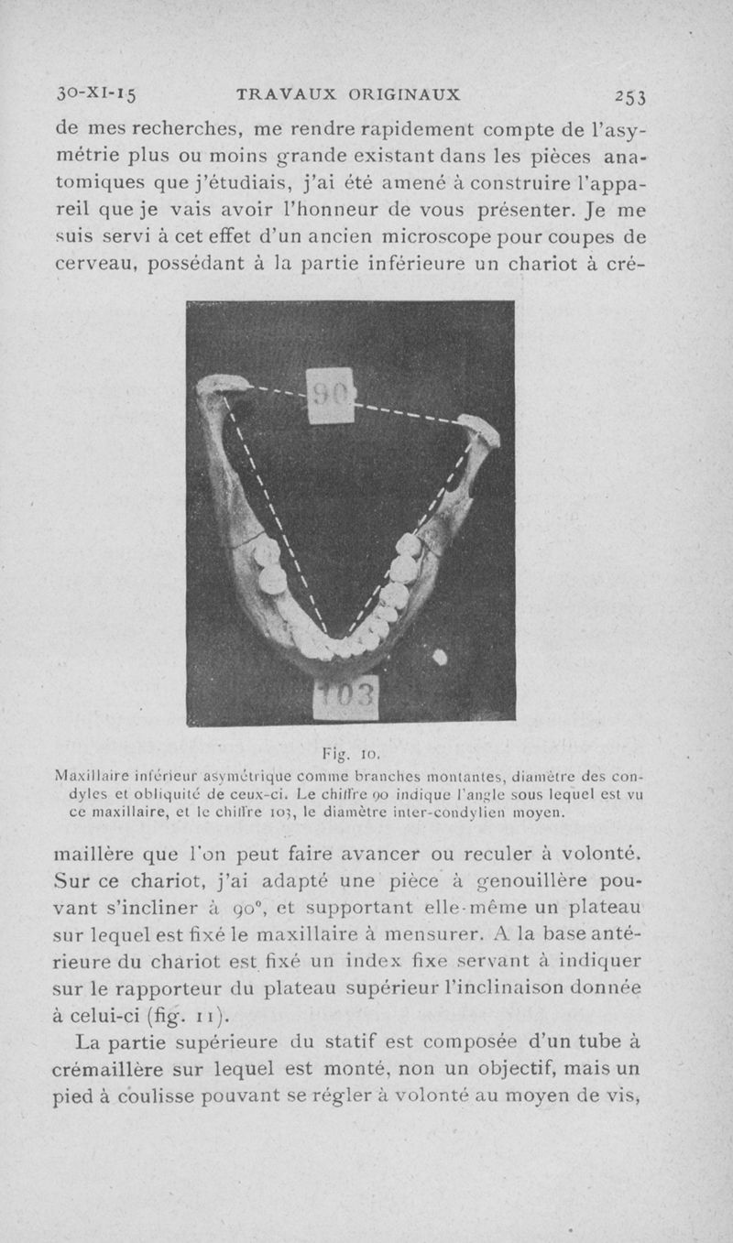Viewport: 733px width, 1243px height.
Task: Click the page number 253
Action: click(x=631, y=95)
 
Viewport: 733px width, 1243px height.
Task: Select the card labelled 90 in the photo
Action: click(x=330, y=396)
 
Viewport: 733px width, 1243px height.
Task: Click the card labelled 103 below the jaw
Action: click(x=345, y=701)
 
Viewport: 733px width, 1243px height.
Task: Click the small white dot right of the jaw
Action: click(x=440, y=656)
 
